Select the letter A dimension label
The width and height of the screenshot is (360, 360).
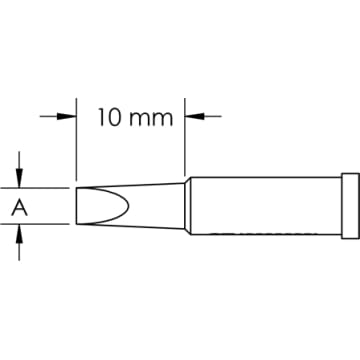tap(18, 207)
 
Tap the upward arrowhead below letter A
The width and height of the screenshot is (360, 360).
tap(19, 231)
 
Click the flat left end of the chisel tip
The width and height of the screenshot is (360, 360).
tap(77, 206)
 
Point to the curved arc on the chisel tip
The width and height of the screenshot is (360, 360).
tap(125, 206)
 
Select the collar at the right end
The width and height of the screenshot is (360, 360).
tap(349, 205)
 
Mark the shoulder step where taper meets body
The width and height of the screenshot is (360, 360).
tap(187, 206)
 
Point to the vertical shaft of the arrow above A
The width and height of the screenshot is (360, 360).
tap(19, 162)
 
